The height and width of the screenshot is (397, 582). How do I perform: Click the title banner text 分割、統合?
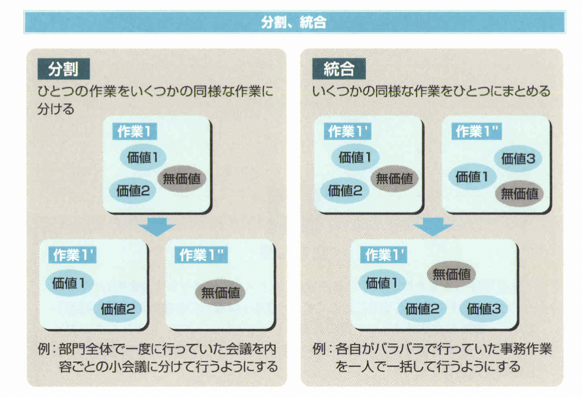pos(294,22)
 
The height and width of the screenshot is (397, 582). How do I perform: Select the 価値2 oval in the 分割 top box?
pos(134,190)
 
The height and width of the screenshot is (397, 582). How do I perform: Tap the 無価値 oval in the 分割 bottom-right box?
pos(221,293)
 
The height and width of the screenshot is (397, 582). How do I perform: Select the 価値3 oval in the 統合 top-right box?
pos(518,159)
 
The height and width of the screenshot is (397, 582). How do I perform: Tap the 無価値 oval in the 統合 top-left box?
pos(394,178)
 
